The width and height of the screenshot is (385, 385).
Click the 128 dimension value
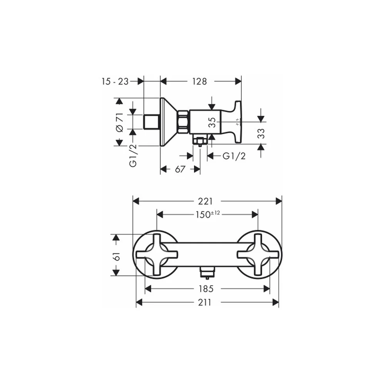pyautogui.click(x=199, y=81)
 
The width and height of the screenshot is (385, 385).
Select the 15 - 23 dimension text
pyautogui.click(x=115, y=81)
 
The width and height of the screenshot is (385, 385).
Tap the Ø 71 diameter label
pyautogui.click(x=120, y=122)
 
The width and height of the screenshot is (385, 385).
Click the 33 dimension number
pyautogui.click(x=261, y=133)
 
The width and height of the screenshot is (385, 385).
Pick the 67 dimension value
pyautogui.click(x=180, y=169)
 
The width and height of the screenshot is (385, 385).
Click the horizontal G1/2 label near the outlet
pyautogui.click(x=234, y=156)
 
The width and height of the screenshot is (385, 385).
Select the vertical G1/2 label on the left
pyautogui.click(x=133, y=156)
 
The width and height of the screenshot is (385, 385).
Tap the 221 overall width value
pyautogui.click(x=205, y=201)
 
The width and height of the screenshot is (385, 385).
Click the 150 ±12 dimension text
pyautogui.click(x=208, y=214)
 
